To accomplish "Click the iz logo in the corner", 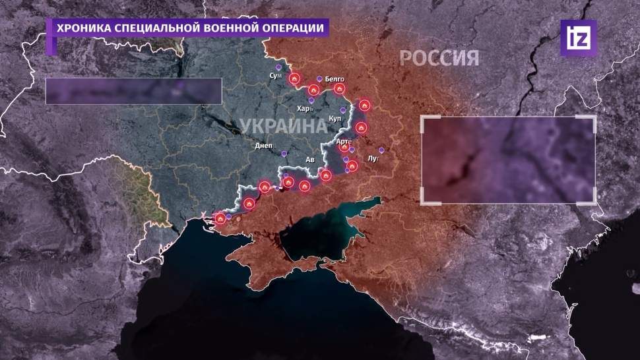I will tap(578, 38).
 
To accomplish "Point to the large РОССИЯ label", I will tap(439, 59).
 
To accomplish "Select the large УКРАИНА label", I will tap(282, 125).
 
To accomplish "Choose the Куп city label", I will tap(335, 119).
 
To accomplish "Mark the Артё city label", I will tap(344, 141).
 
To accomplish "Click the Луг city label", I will tap(373, 160).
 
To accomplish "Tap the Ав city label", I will tap(310, 160).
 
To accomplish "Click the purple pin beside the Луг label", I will tap(381, 150).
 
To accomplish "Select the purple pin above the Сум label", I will tap(279, 68).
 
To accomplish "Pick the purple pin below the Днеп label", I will tap(284, 153).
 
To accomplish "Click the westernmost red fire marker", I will tap(220, 217).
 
